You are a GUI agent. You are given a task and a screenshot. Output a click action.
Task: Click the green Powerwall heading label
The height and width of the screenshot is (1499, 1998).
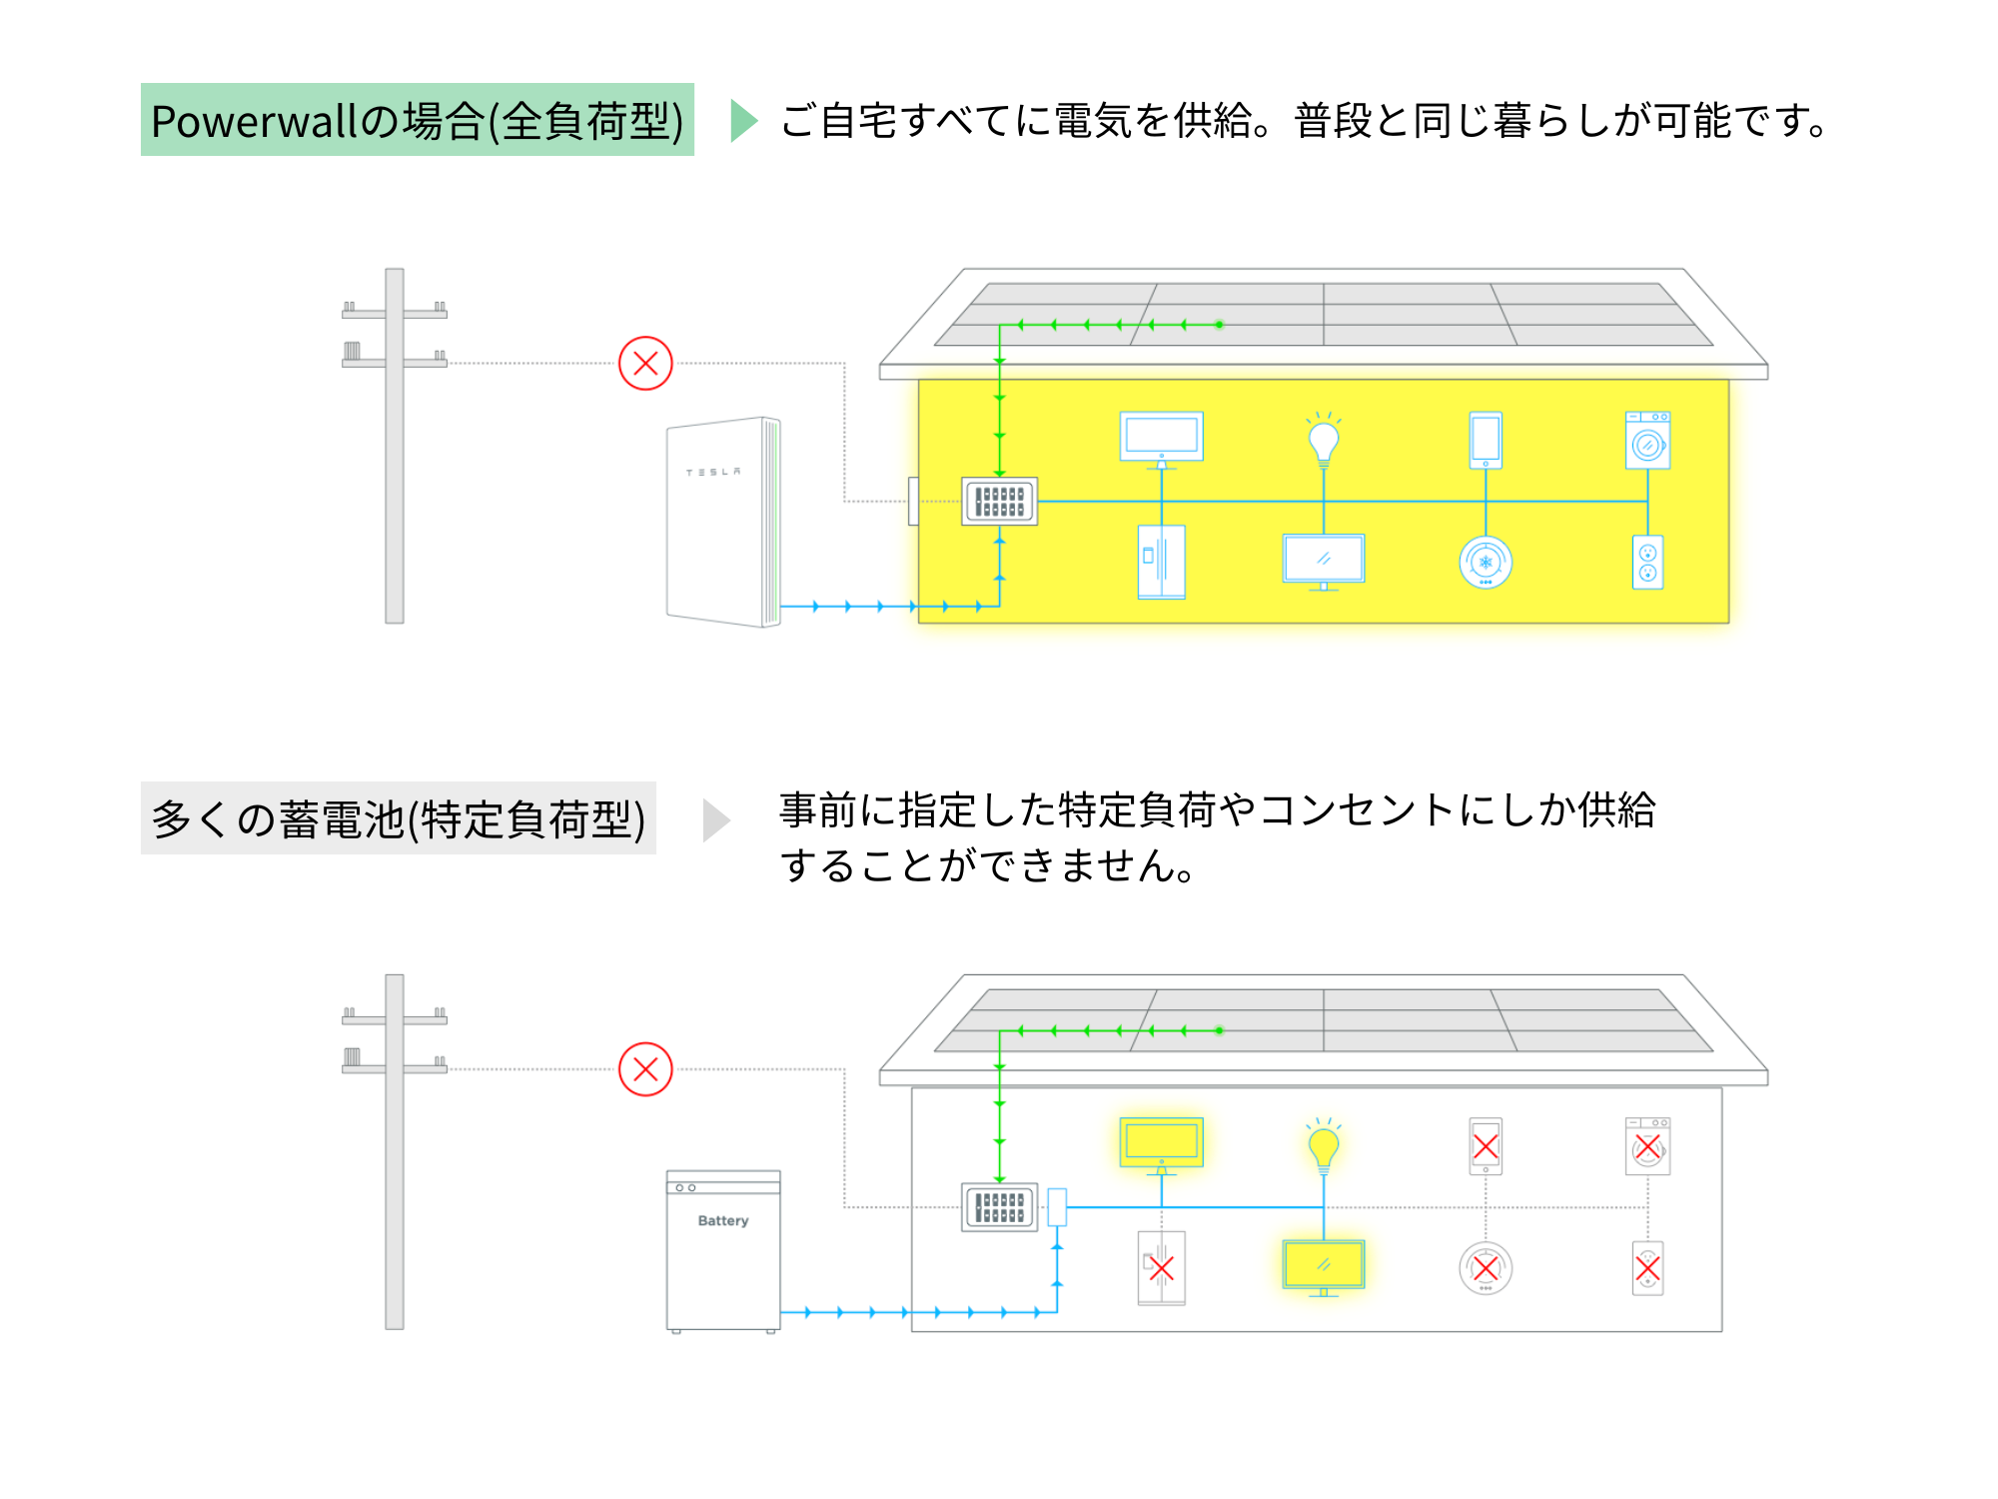(x=417, y=120)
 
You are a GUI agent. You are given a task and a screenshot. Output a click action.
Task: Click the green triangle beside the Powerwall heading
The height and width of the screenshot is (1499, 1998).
(x=742, y=121)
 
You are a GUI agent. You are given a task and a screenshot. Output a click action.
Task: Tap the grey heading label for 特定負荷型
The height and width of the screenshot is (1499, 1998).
(x=398, y=818)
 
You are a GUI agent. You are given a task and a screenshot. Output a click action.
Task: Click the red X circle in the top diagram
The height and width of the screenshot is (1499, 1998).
(x=645, y=363)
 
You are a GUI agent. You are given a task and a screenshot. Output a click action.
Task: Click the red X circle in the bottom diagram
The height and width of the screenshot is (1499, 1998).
(x=645, y=1069)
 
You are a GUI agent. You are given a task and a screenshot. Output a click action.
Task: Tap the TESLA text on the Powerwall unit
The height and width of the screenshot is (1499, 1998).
(x=713, y=472)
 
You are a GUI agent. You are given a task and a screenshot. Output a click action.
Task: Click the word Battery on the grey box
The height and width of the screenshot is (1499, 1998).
(x=723, y=1220)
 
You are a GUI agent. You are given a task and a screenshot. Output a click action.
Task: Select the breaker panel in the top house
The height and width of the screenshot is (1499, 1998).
(x=1000, y=501)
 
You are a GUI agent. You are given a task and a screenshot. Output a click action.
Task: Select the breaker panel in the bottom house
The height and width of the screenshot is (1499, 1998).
(x=1000, y=1207)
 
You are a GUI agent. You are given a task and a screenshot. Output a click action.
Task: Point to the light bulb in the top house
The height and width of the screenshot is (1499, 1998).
(x=1324, y=441)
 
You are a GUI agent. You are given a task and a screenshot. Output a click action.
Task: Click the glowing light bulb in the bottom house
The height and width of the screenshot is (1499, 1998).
(x=1324, y=1147)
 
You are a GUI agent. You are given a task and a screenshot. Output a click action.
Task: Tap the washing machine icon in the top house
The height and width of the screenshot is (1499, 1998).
(x=1647, y=441)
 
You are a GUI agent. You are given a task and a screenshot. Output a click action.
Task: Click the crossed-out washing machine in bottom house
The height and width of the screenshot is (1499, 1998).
(x=1647, y=1147)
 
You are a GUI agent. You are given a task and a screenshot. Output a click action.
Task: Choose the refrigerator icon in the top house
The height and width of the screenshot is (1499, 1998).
(x=1162, y=562)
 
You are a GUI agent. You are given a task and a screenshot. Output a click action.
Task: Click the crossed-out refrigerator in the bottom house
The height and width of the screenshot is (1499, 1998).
(x=1162, y=1268)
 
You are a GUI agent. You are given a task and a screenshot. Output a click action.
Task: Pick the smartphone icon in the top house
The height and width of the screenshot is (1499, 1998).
(x=1486, y=441)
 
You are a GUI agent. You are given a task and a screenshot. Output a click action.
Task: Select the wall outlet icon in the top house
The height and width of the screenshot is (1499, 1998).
(x=1647, y=562)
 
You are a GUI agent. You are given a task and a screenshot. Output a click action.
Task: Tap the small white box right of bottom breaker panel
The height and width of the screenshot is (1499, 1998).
(x=1057, y=1207)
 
